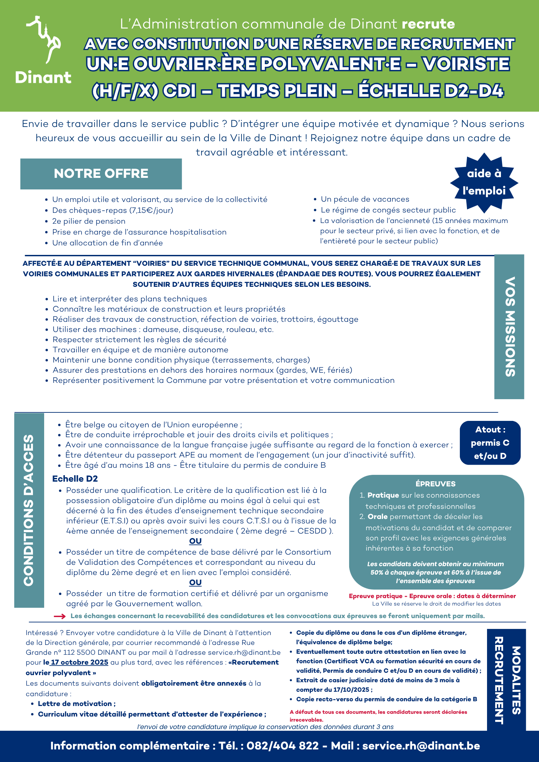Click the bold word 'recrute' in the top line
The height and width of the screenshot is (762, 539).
(428, 24)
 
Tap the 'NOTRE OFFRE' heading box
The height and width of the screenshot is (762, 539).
(101, 174)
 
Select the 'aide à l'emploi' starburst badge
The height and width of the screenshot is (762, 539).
(484, 182)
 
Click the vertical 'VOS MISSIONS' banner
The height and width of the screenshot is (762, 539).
(509, 327)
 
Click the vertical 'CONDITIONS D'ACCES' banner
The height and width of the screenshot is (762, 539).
(29, 510)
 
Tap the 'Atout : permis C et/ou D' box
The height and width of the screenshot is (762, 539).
(490, 443)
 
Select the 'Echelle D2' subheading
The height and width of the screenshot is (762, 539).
(75, 479)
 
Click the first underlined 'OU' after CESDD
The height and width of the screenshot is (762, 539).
(195, 541)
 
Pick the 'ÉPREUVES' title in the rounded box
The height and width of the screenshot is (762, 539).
(435, 484)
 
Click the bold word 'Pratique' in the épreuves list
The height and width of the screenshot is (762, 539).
(383, 495)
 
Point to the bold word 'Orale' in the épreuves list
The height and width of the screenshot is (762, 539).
(378, 517)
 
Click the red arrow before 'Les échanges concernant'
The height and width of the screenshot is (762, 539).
(60, 616)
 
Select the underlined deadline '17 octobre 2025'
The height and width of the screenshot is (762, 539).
(79, 662)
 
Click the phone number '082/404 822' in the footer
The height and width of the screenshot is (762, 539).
(283, 746)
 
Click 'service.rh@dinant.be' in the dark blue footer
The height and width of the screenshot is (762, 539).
(421, 746)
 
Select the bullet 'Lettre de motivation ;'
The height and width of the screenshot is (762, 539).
(76, 704)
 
